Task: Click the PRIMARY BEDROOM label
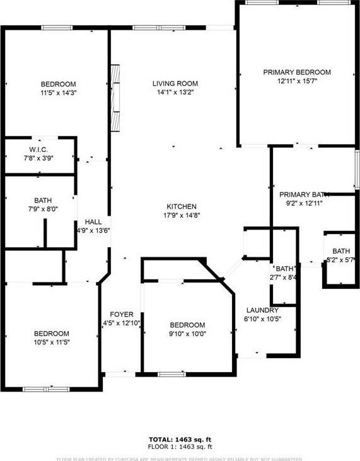pyautogui.click(x=296, y=73)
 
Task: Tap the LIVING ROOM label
pyautogui.click(x=175, y=84)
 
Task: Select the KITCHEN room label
pyautogui.click(x=182, y=207)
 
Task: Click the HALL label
pyautogui.click(x=93, y=222)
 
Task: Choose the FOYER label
pyautogui.click(x=121, y=315)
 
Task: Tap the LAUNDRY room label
pyautogui.click(x=262, y=310)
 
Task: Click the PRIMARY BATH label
pyautogui.click(x=305, y=195)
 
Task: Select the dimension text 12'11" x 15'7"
pyautogui.click(x=296, y=81)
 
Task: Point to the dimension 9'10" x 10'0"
pyautogui.click(x=187, y=334)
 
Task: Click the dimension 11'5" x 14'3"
pyautogui.click(x=59, y=93)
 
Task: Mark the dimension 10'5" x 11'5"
pyautogui.click(x=52, y=342)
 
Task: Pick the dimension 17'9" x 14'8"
pyautogui.click(x=182, y=216)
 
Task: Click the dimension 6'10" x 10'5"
pyautogui.click(x=262, y=319)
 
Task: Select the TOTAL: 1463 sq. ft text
pyautogui.click(x=179, y=439)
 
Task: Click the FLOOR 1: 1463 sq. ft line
pyautogui.click(x=179, y=446)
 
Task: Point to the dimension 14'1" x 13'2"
pyautogui.click(x=175, y=93)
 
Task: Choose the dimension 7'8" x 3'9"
pyautogui.click(x=39, y=158)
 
